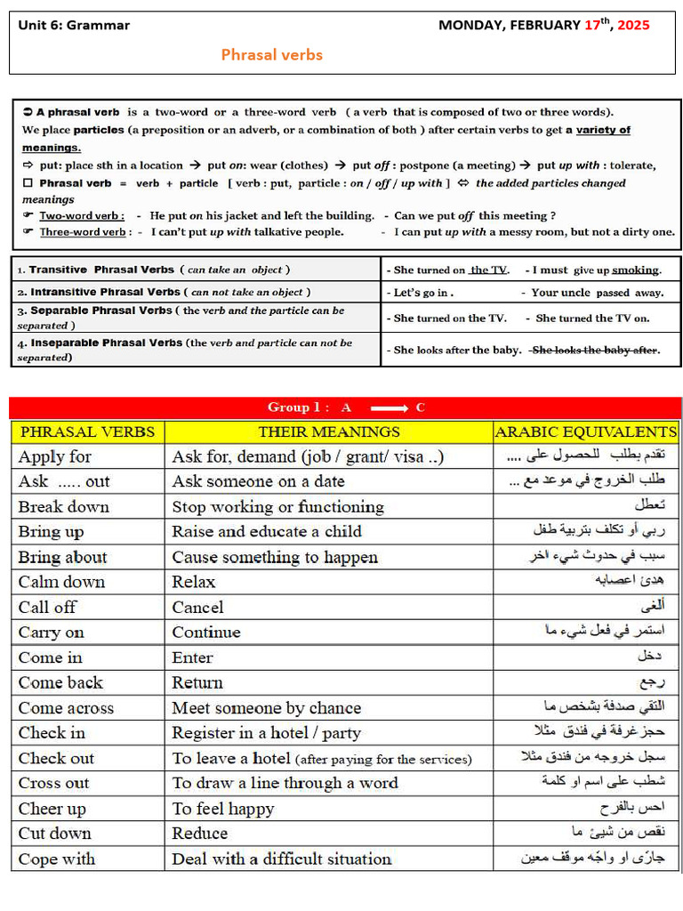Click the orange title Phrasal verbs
pos(271,55)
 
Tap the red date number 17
pos(592,25)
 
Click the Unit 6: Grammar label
pos(74,25)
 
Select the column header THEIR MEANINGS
pos(329,432)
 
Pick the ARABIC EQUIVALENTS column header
pos(585,432)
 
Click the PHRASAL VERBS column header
pos(87,432)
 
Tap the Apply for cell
pos(55,456)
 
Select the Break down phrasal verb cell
pos(64,507)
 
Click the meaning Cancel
pos(197,608)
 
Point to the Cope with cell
pos(57,859)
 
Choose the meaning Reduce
pos(200,834)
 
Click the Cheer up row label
pos(52,809)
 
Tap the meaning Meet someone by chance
pos(266,708)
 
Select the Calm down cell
pos(62,582)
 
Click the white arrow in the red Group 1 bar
pos(389,408)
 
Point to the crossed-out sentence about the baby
pos(595,350)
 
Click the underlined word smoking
pos(636,270)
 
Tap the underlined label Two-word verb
pos(82,215)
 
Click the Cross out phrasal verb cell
pos(54,784)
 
